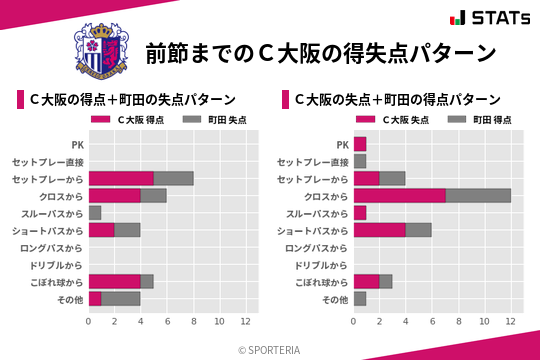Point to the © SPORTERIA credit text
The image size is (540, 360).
pos(270,349)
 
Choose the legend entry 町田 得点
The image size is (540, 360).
pos(487,119)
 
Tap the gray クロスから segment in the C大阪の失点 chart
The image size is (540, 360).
pos(478,196)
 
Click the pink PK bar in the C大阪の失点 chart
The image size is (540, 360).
pos(360,144)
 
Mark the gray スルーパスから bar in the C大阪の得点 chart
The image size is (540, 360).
pos(95,213)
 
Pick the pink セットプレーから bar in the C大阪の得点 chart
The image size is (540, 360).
pos(121,178)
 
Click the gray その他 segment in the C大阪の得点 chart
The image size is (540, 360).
pos(121,298)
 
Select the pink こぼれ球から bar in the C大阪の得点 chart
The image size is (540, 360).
pos(115,281)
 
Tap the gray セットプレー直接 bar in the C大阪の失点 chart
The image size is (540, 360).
pos(360,161)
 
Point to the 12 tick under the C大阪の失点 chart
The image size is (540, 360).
pos(511,321)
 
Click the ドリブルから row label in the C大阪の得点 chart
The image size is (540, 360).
pos(56,264)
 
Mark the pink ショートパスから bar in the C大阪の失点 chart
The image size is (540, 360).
pos(380,230)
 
